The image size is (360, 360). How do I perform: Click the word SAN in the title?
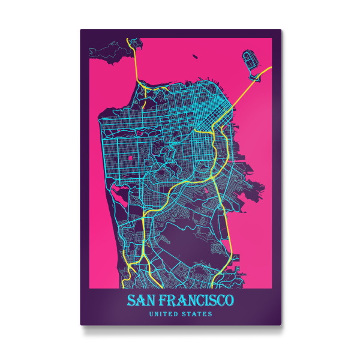tap(140, 299)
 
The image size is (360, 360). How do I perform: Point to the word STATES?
tap(199, 313)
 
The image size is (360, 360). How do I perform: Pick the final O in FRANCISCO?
tap(231, 299)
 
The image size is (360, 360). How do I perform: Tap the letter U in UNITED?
tap(151, 313)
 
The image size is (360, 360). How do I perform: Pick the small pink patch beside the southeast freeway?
tap(208, 191)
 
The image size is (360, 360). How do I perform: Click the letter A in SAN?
tap(140, 299)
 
